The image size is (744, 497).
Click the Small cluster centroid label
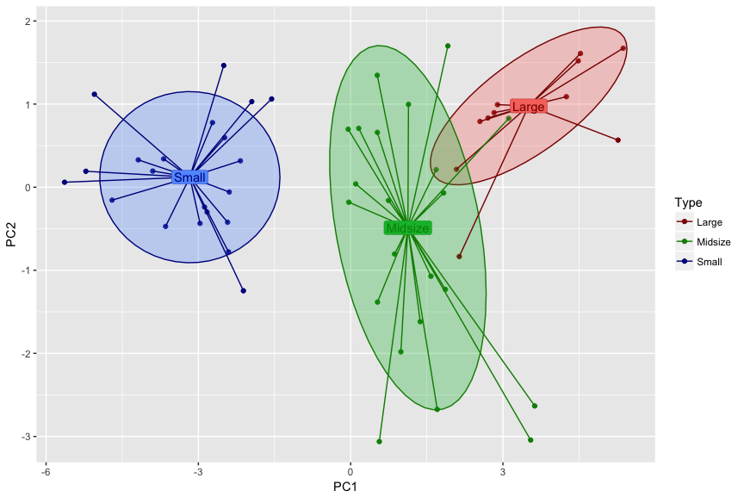(189, 177)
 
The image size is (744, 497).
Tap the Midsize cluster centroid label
(407, 228)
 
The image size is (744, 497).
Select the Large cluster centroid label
(528, 107)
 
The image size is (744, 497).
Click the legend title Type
(687, 203)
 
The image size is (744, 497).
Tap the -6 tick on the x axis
(46, 470)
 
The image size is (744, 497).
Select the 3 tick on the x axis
(502, 470)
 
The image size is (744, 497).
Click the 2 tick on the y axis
(29, 22)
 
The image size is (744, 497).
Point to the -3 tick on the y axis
(27, 437)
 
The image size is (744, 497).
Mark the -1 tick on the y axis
(27, 270)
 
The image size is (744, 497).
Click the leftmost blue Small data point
(65, 183)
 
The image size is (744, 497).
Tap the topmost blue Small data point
(224, 65)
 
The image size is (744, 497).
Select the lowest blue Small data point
(244, 291)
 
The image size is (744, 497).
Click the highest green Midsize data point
(448, 46)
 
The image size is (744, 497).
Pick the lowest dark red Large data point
(460, 257)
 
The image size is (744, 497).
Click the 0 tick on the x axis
(350, 470)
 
